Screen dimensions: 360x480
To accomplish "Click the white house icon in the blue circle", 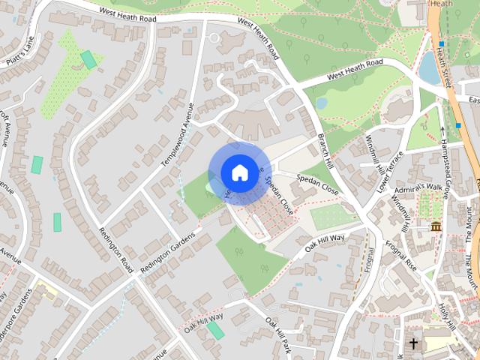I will tap(238, 172).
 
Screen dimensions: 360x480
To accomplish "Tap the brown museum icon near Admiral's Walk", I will tap(436, 226).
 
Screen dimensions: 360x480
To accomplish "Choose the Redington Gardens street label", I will tap(166, 244).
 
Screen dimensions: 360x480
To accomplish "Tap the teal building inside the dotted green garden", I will tap(89, 59).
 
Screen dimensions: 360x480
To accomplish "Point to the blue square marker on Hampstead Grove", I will tap(457, 125).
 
